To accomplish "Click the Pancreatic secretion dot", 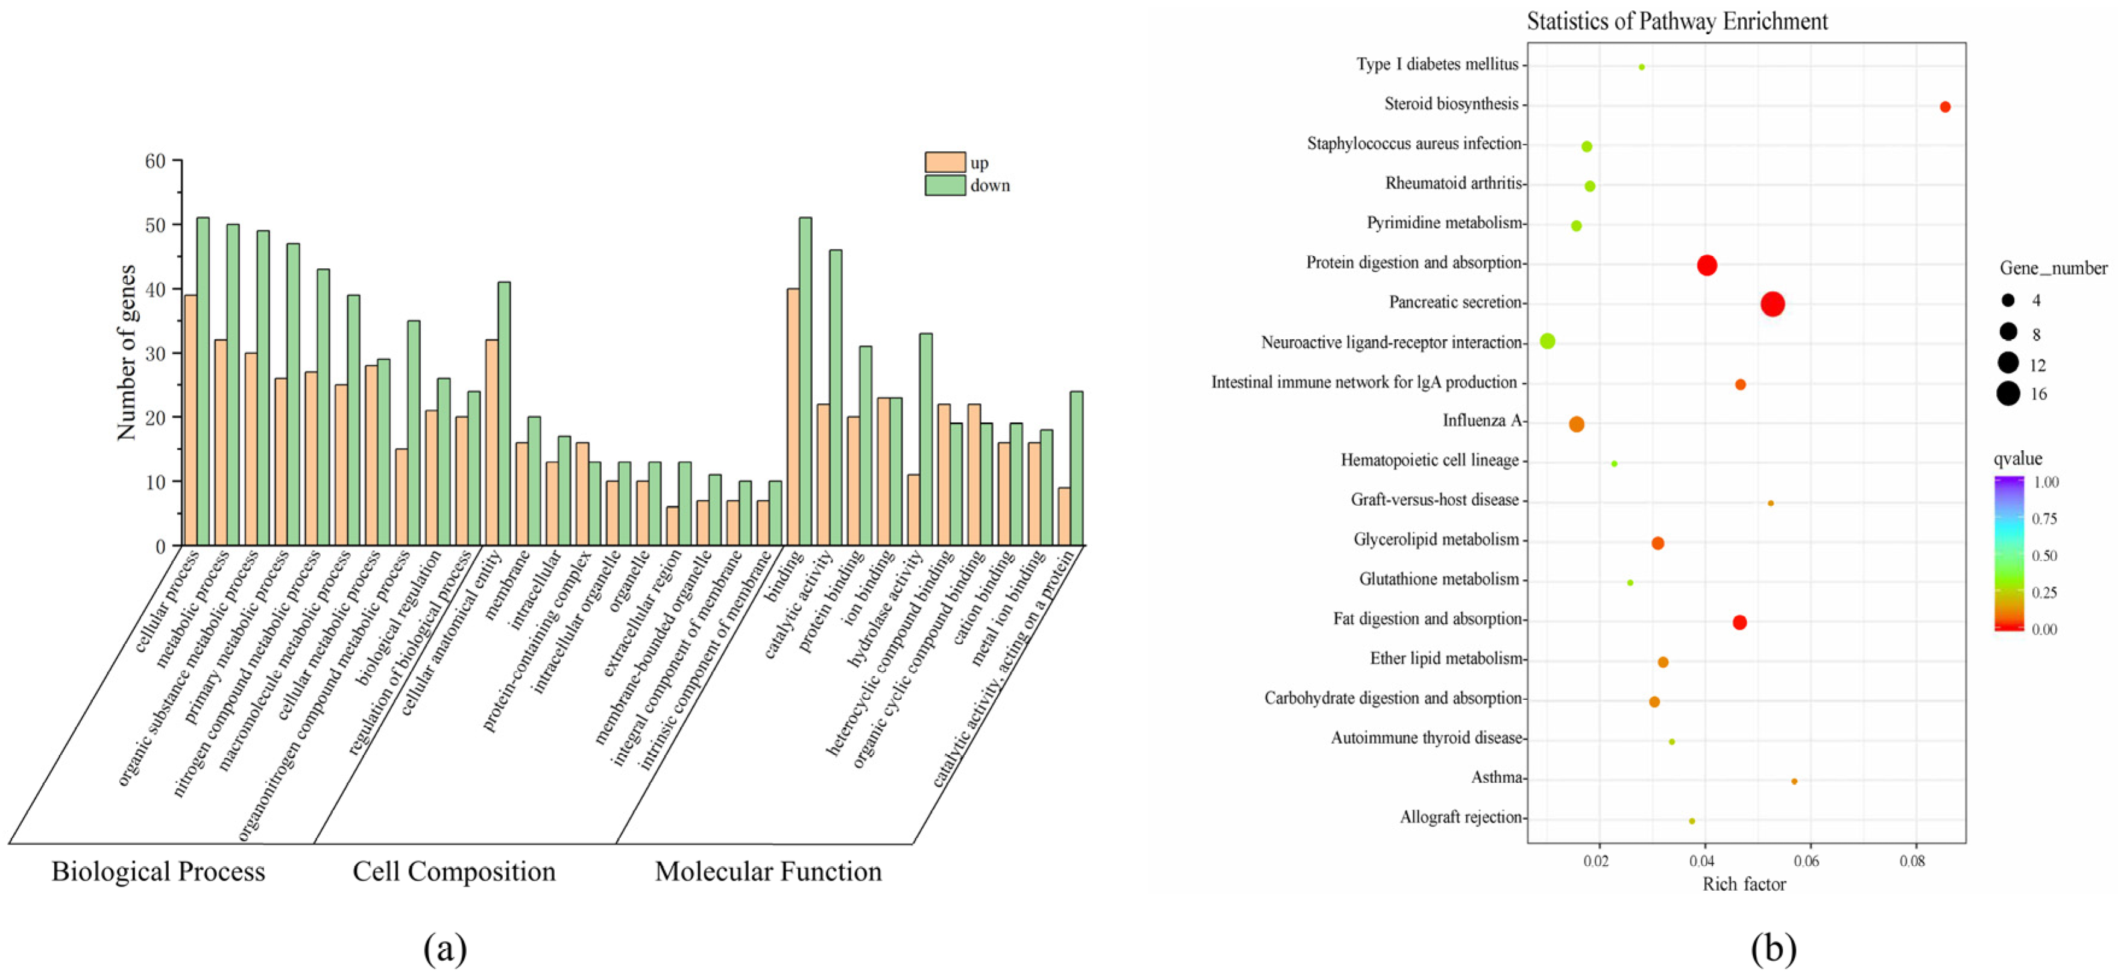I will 1773,304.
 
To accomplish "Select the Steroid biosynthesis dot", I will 1944,107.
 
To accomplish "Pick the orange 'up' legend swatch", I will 945,162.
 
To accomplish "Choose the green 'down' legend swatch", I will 945,185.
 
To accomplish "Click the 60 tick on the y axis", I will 156,161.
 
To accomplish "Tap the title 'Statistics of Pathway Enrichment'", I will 1677,21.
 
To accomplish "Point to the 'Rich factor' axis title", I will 1744,885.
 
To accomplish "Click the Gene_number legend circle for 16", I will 2008,394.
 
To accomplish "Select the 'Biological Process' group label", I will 158,872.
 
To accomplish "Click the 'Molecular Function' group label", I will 768,872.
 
